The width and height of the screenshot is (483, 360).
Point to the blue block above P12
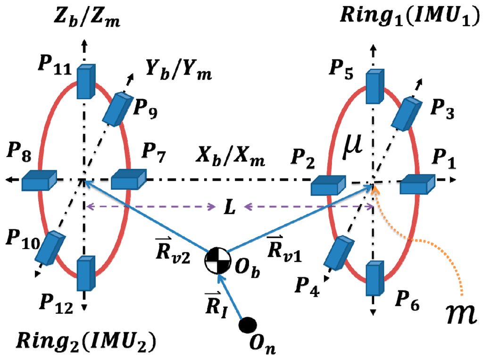85,273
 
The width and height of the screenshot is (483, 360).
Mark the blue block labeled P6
376,278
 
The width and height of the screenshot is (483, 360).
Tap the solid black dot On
248,325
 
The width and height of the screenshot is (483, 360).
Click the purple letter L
229,207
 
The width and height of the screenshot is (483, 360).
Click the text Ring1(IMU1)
408,19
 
